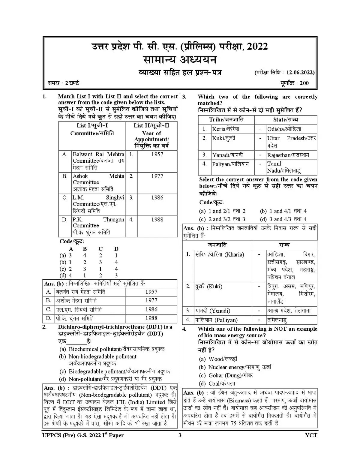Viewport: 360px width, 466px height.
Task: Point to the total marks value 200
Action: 304,83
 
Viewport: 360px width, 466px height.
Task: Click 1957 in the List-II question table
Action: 157,154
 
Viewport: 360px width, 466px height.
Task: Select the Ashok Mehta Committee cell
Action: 98,182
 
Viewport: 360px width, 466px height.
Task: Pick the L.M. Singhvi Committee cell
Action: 98,204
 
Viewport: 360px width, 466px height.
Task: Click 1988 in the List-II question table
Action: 157,219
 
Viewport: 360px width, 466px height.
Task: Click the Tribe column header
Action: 226,119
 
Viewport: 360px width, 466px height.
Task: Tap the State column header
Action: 285,119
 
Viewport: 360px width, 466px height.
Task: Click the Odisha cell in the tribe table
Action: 284,129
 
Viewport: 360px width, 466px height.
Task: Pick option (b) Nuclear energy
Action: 235,367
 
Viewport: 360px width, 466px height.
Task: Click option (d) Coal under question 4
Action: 217,383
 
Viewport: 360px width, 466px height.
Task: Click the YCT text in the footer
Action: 311,435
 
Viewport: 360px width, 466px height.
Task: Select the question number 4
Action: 184,329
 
